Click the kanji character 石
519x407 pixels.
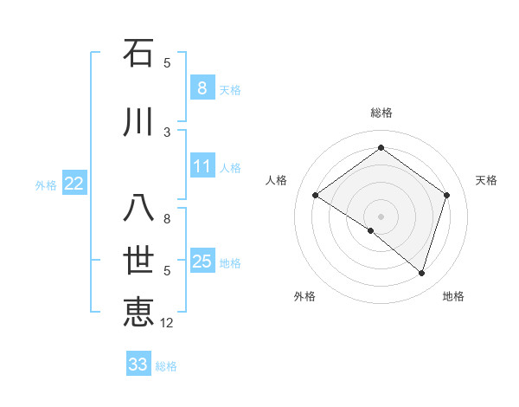(138, 54)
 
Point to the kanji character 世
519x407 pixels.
(138, 261)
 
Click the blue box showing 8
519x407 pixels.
(202, 88)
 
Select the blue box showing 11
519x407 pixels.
(202, 166)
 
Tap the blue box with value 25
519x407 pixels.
(202, 262)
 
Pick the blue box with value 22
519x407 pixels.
(74, 184)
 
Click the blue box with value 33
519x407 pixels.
(138, 365)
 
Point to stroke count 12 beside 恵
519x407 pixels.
(167, 323)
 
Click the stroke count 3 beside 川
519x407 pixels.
(167, 132)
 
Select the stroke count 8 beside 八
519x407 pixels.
(167, 219)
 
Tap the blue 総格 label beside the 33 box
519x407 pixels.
(166, 366)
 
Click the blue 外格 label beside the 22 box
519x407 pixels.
(46, 184)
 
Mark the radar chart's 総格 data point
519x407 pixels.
(381, 147)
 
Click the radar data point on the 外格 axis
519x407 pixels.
(371, 231)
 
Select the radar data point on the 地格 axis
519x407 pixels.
(421, 273)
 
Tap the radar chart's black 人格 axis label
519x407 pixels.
(277, 180)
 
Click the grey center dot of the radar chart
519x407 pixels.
(381, 216)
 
